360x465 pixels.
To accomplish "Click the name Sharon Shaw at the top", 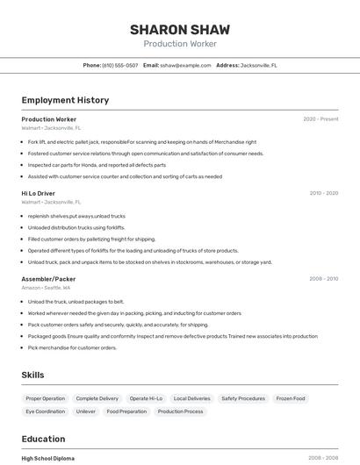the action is pos(179,29).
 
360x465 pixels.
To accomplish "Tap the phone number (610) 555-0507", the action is pos(119,65).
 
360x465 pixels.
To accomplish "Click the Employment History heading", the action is pos(65,100).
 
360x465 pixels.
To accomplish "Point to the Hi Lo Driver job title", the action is pos(38,193).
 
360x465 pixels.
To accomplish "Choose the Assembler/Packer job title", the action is pos(48,279).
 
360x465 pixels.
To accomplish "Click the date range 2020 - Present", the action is pos(320,119).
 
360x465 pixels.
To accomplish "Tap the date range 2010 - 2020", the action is pos(323,193).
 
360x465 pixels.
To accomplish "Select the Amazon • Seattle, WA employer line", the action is pos(47,288).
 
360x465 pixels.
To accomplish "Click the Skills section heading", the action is pos(32,375).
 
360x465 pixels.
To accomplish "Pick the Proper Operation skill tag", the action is pos(46,398).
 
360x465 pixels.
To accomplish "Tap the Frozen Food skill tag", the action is pos(291,398).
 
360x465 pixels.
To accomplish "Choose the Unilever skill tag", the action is pos(86,411).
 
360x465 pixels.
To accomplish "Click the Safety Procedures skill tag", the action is pos(243,398).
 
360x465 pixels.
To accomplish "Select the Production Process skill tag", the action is pos(181,411).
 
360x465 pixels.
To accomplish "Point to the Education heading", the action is pos(43,439).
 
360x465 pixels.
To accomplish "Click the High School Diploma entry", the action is pos(47,458).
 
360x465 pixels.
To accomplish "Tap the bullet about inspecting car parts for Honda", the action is pos(97,165).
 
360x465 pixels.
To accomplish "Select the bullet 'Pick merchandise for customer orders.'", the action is pos(72,347).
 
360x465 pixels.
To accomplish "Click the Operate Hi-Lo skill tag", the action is pos(146,398).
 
